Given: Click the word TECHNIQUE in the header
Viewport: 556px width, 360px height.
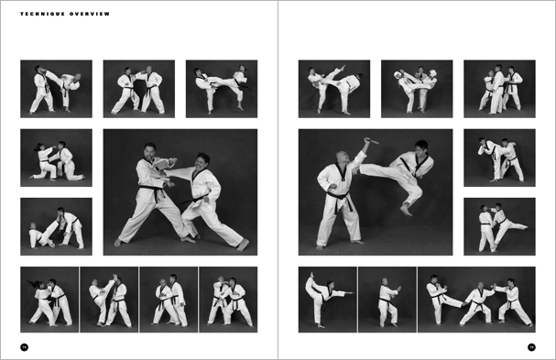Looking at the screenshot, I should pyautogui.click(x=38, y=15).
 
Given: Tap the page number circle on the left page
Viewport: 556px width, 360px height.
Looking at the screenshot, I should pyautogui.click(x=25, y=346).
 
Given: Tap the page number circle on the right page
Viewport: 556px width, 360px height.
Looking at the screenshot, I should pyautogui.click(x=531, y=346).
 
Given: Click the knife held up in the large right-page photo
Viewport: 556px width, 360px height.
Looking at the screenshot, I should pyautogui.click(x=371, y=142).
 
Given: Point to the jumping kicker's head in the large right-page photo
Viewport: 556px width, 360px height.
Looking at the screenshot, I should pyautogui.click(x=420, y=148).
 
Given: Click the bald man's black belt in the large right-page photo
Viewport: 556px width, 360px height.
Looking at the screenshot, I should pyautogui.click(x=338, y=194).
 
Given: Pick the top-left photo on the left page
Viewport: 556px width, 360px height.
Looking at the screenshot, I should pyautogui.click(x=56, y=89).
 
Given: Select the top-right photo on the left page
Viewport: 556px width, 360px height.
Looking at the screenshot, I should pyautogui.click(x=221, y=89).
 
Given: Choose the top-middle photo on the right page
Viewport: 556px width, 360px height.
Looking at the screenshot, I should pyautogui.click(x=417, y=89).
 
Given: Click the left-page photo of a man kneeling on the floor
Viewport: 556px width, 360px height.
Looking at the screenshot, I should pyautogui.click(x=56, y=226).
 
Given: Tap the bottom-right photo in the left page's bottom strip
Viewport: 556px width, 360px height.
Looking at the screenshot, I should pyautogui.click(x=228, y=300).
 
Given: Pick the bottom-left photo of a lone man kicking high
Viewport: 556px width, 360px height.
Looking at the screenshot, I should pyautogui.click(x=327, y=300).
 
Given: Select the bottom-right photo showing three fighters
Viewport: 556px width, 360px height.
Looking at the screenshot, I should pyautogui.click(x=476, y=300).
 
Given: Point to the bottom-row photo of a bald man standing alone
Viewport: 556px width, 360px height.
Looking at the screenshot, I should pyautogui.click(x=387, y=300).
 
